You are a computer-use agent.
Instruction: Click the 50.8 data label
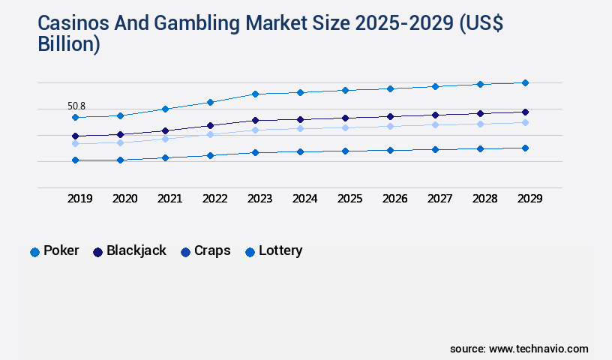coord(76,106)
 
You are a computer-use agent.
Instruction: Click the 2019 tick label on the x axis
coord(79,199)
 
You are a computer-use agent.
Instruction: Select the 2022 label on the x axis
coord(214,199)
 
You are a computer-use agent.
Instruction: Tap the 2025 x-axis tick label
coord(349,199)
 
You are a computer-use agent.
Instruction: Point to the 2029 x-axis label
coord(529,199)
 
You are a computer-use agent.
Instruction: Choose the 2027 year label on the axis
coord(439,199)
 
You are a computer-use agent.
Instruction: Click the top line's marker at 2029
coord(525,82)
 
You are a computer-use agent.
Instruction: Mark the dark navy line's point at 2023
coord(255,120)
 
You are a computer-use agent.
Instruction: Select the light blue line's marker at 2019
coord(75,143)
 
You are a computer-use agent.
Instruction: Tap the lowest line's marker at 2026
coord(390,150)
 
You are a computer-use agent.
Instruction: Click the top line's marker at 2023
coord(255,94)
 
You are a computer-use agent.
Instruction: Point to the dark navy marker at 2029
coord(525,112)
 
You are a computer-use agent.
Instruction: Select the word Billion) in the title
coord(68,44)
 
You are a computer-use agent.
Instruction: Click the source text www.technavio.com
coord(538,349)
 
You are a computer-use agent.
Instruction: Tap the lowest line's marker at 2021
coord(165,157)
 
